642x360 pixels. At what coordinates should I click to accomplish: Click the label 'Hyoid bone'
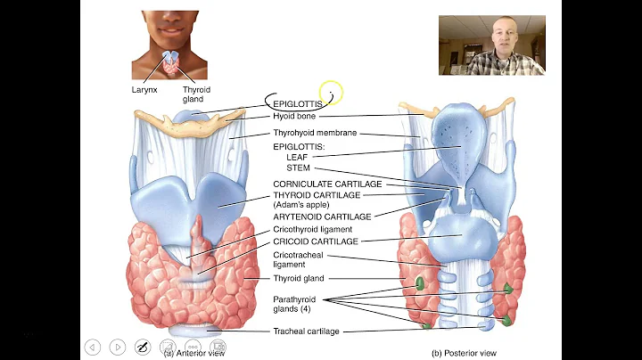point(294,116)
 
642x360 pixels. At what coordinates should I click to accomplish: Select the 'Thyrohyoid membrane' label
point(316,133)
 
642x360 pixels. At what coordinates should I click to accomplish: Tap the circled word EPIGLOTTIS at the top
point(298,103)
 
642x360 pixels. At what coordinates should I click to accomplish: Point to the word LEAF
point(296,157)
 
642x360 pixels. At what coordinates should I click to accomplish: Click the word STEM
point(298,168)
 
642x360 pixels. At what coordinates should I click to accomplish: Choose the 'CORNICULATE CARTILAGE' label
point(327,184)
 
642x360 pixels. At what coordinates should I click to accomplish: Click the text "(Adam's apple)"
point(302,204)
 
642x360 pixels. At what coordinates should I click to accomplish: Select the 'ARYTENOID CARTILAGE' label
point(321,216)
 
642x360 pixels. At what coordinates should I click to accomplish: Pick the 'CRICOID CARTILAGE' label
point(316,241)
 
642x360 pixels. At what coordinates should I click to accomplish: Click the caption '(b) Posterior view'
point(462,353)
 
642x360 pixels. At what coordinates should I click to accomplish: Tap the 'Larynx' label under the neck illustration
point(145,90)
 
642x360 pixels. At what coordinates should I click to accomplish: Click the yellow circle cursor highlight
point(330,92)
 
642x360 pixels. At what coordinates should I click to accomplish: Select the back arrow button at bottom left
point(93,347)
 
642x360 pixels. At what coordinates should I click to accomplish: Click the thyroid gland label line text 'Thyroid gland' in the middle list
point(299,278)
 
